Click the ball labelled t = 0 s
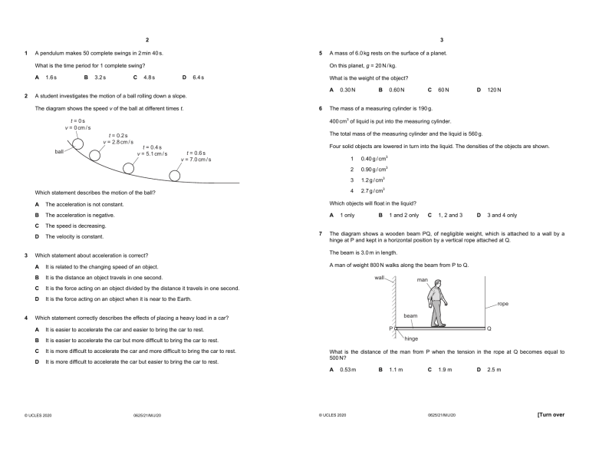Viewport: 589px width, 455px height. click(78, 143)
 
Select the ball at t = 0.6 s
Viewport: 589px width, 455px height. click(175, 176)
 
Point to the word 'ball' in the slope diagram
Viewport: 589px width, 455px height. click(59, 151)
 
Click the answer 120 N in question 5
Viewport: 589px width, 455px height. click(494, 90)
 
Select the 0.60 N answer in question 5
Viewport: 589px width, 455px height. click(396, 90)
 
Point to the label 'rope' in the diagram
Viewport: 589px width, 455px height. click(502, 304)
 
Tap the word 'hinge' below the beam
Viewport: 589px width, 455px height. click(411, 338)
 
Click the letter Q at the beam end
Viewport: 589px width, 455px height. click(489, 328)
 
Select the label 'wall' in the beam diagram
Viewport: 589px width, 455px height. click(380, 277)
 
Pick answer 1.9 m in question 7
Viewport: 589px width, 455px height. click(445, 370)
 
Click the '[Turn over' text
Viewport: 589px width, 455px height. click(551, 414)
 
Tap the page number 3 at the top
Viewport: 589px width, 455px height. click(442, 39)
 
